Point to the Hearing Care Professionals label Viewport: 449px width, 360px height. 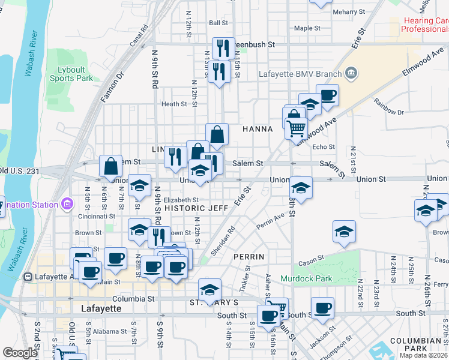pyautogui.click(x=426, y=25)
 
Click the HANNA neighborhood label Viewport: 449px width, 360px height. pyautogui.click(x=258, y=129)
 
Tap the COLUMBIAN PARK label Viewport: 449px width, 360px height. pyautogui.click(x=415, y=345)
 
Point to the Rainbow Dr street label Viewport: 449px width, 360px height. pyautogui.click(x=388, y=108)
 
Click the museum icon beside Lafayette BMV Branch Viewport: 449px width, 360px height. pyautogui.click(x=351, y=74)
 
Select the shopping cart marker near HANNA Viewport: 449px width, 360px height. pyautogui.click(x=297, y=128)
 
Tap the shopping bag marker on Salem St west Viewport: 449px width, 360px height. pyautogui.click(x=112, y=166)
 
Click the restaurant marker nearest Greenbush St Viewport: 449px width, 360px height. pyautogui.click(x=223, y=48)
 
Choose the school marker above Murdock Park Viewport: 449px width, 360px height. pyautogui.click(x=344, y=232)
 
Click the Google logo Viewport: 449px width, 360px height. pyautogui.click(x=20, y=353)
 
